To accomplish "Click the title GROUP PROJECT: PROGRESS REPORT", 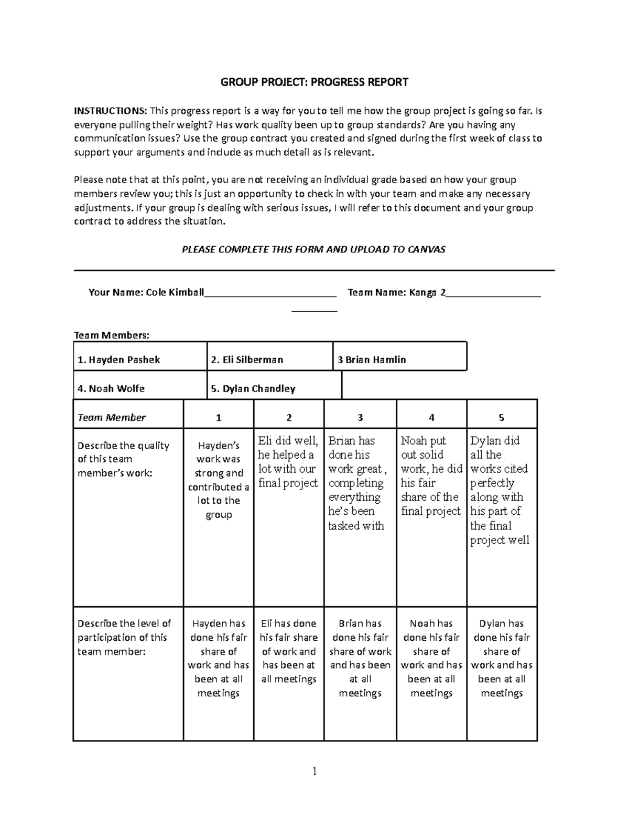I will (314, 82).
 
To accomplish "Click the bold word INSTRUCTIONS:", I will (110, 111).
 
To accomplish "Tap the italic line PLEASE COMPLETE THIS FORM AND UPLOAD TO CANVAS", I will (313, 249).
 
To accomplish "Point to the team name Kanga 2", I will (426, 293).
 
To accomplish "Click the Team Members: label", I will (112, 335).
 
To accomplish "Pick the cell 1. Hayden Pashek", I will (119, 359).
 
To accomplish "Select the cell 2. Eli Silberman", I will (247, 359).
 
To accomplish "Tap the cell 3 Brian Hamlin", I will (372, 359).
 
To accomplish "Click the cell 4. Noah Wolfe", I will (111, 388).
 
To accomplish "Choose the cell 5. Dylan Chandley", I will (253, 388).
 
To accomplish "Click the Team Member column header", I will (112, 417).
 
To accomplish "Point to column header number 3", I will (360, 417).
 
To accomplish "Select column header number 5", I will (502, 417).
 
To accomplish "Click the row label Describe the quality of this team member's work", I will (124, 459).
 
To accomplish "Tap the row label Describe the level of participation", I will (124, 637).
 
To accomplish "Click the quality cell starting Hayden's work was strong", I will (219, 480).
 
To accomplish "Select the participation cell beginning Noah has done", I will (431, 658).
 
